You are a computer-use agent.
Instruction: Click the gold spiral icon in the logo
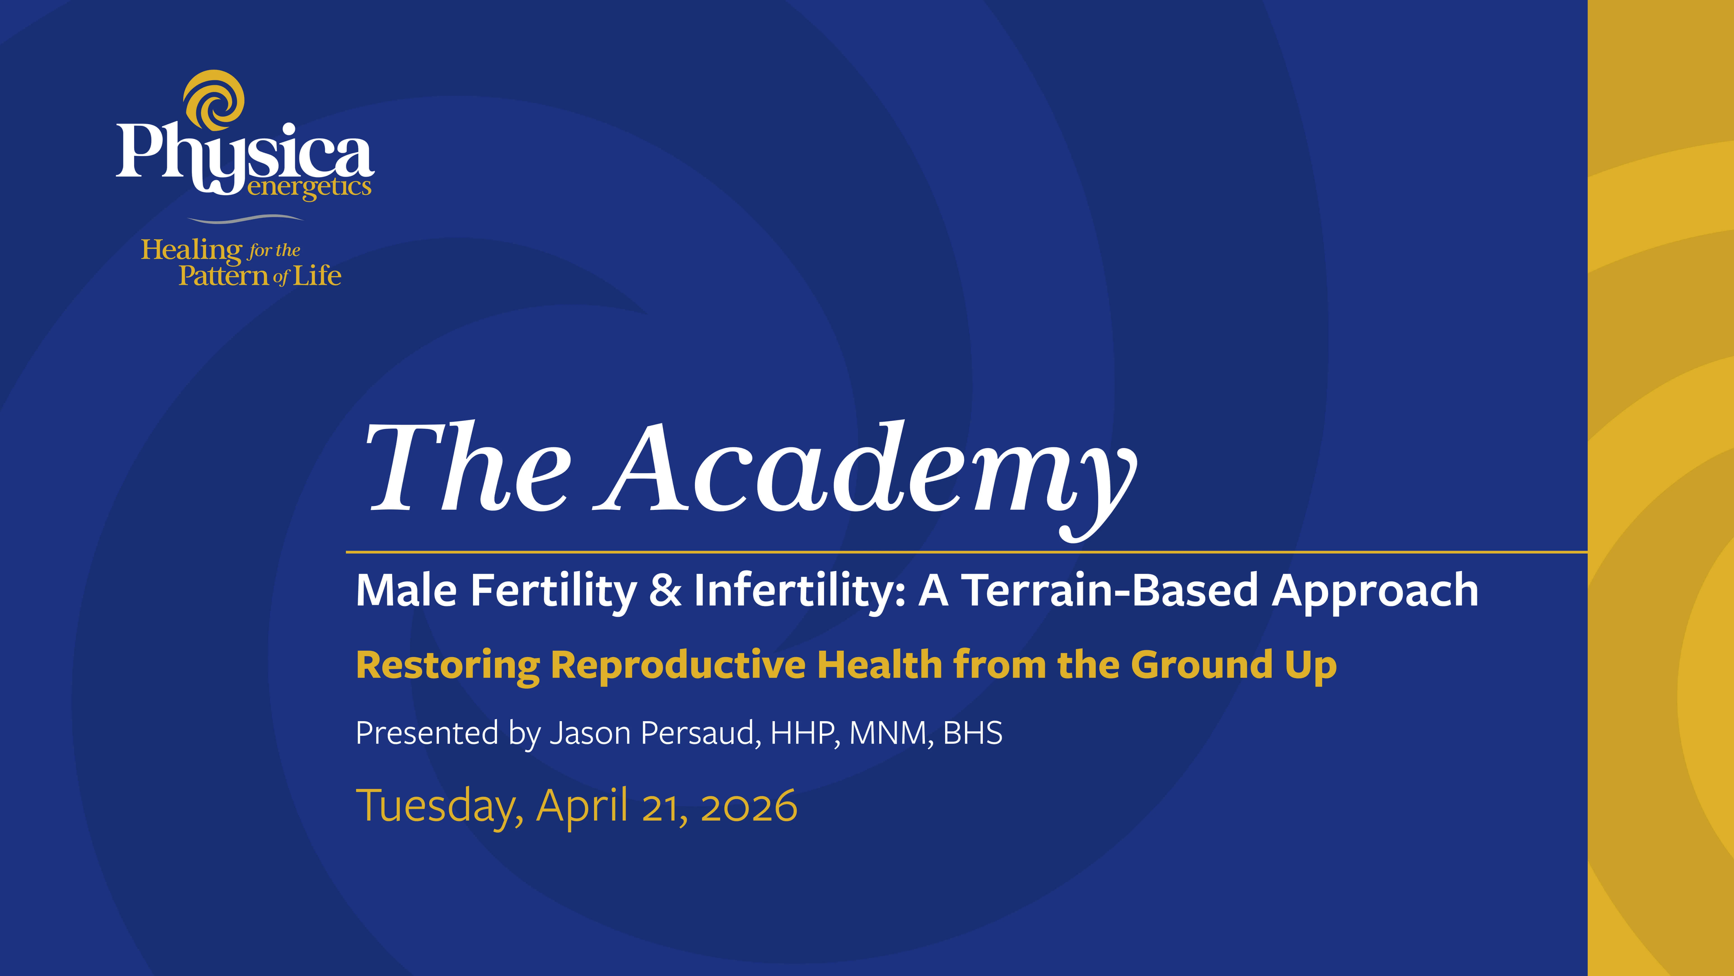[x=214, y=100]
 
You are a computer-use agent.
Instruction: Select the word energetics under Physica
[x=309, y=187]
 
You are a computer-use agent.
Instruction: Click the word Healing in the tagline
[x=191, y=251]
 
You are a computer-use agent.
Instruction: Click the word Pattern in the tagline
[x=224, y=275]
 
